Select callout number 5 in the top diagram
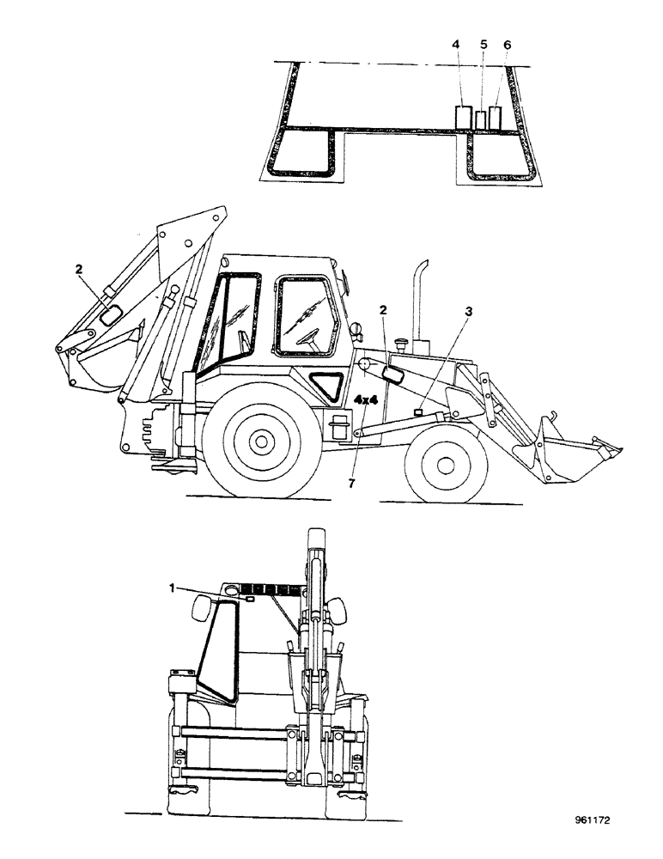[483, 44]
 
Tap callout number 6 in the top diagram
[507, 44]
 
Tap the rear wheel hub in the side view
[259, 441]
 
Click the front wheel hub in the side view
[445, 464]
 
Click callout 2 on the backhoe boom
[78, 269]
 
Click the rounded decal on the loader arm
[395, 375]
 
